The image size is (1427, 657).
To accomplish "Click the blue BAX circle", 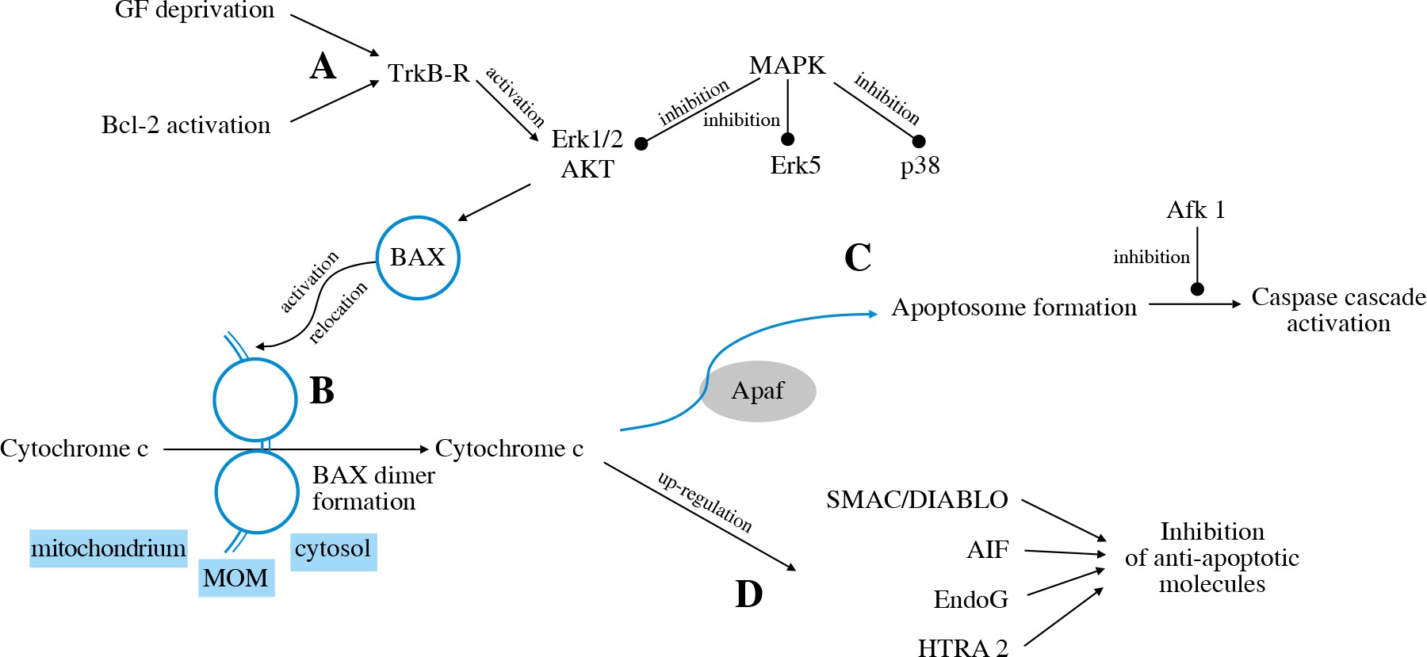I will pos(418,258).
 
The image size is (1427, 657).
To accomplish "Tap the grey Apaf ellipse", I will pos(758,391).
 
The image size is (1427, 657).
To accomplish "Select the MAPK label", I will pos(787,66).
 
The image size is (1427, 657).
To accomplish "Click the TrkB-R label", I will pos(428,74).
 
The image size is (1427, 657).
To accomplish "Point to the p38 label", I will pos(920,166).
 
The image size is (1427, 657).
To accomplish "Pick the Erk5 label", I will pos(795,166).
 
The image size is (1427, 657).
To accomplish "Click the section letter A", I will pos(323,67).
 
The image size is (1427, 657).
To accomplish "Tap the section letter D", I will pos(749,594).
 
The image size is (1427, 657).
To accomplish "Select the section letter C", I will pos(858,258).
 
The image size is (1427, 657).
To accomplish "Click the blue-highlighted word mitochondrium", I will pos(109,548).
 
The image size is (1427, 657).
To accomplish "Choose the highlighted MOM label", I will pos(236,579).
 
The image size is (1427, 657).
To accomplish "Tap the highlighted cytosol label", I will pos(333,548).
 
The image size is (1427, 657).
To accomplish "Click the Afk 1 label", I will pos(1196,210).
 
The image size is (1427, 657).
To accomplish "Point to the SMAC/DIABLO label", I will pos(917,500).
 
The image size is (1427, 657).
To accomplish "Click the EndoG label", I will pos(971,600).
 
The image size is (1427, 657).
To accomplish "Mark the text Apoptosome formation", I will pos(1014,307).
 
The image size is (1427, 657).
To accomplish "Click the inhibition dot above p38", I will pos(919,142).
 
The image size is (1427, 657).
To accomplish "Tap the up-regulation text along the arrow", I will pos(705,502).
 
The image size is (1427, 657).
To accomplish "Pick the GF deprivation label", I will pos(194,10).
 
